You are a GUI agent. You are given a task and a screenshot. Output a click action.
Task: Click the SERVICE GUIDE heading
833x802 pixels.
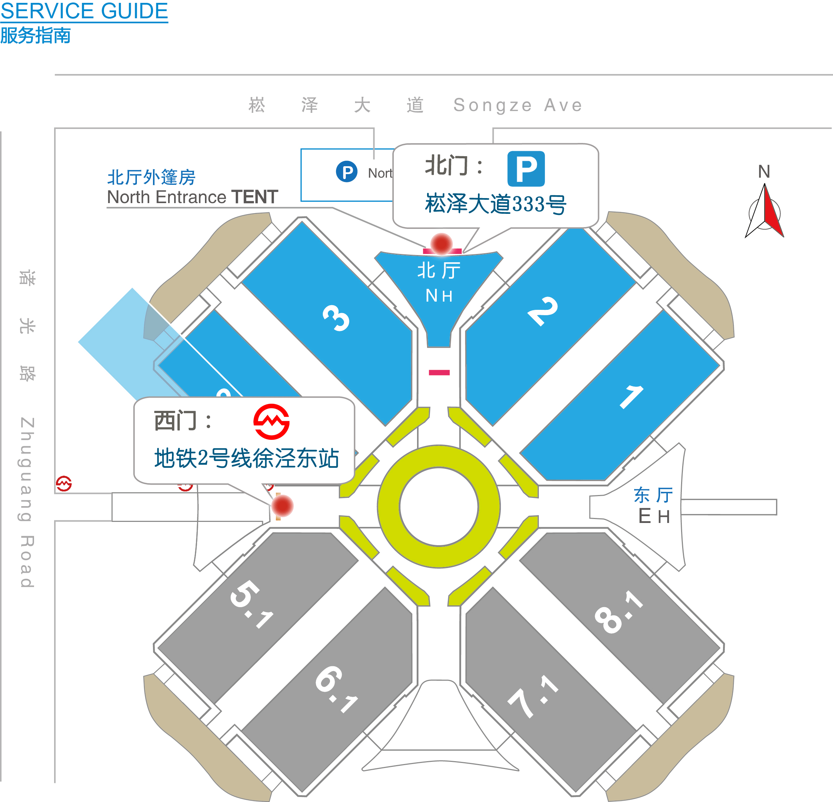[x=84, y=11]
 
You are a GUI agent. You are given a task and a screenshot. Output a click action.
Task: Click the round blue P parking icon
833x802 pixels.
[x=346, y=172]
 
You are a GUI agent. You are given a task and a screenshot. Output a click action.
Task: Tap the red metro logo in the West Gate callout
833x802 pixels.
[x=272, y=422]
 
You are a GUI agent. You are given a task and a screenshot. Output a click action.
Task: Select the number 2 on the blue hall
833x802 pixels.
[x=542, y=311]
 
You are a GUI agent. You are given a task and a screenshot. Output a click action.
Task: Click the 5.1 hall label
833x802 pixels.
[x=251, y=603]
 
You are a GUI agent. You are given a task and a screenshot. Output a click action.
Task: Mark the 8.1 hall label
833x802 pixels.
[x=618, y=612]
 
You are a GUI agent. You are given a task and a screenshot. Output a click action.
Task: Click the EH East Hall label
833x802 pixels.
[x=654, y=516]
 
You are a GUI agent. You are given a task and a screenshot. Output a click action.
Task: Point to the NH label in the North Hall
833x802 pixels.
[x=439, y=296]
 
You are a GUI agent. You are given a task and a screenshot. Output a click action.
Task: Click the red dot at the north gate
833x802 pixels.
[x=441, y=244]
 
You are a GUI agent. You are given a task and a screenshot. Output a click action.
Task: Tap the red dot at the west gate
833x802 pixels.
[x=282, y=505]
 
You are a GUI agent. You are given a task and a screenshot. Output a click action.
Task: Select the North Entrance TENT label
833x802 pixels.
[x=192, y=197]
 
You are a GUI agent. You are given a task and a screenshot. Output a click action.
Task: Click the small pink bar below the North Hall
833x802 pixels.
[x=439, y=373]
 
